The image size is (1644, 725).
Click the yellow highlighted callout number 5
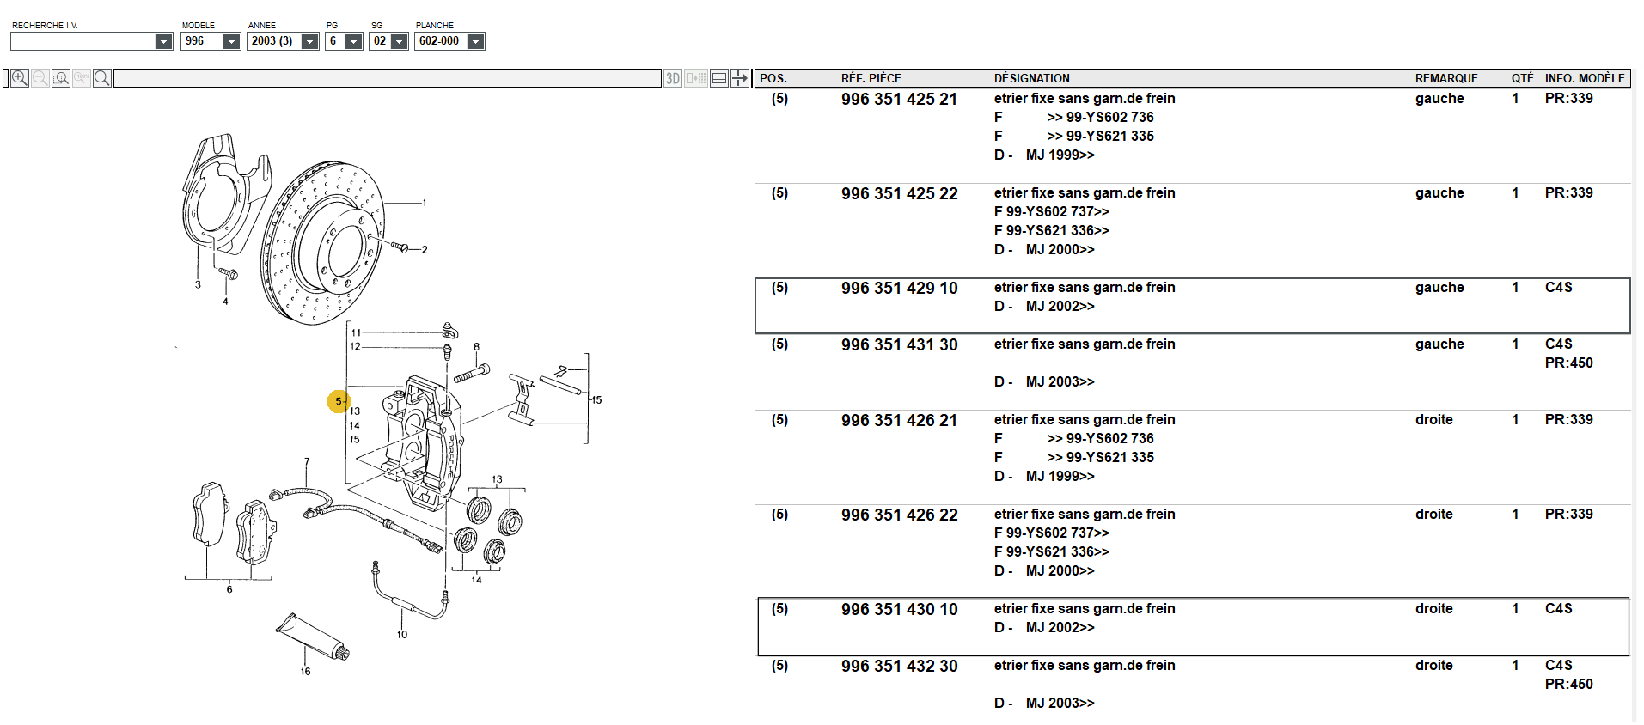click(339, 401)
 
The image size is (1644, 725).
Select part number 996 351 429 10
click(899, 289)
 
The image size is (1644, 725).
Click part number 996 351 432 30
click(899, 667)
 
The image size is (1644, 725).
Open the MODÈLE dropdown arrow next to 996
click(231, 41)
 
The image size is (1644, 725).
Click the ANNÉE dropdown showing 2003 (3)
click(283, 41)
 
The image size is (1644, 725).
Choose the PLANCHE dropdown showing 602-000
click(449, 41)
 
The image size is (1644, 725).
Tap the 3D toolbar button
click(673, 78)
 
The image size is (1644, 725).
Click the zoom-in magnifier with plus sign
click(20, 78)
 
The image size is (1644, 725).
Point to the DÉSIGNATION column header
click(1031, 78)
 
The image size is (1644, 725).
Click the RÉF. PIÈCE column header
click(871, 78)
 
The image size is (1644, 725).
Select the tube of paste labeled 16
click(313, 637)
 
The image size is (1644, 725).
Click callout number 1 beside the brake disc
click(425, 203)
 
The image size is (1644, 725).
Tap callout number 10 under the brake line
click(402, 635)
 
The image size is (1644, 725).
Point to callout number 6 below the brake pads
click(229, 589)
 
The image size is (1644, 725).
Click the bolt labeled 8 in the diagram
click(472, 373)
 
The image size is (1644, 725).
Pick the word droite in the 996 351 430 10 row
click(1433, 609)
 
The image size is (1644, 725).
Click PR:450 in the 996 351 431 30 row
click(1568, 363)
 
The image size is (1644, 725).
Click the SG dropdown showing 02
click(388, 41)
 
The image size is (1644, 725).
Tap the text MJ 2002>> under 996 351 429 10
click(1060, 307)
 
